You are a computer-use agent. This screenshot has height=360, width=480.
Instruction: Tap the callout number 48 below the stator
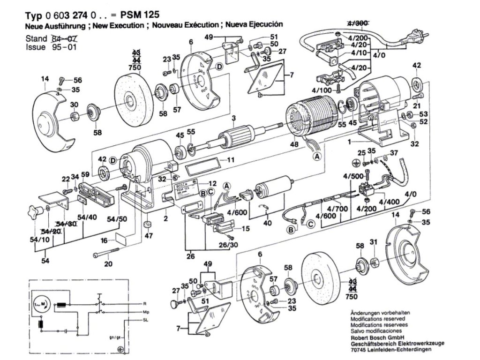pos(294,145)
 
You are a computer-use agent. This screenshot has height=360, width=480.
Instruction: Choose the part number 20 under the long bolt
pos(108,264)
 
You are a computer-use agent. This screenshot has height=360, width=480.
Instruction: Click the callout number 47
pos(149,236)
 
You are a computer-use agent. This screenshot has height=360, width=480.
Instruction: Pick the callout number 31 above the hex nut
pos(373,242)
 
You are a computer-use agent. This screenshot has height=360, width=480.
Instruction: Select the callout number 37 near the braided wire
pos(393,153)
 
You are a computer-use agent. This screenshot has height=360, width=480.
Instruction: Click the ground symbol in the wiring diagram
pos(122,349)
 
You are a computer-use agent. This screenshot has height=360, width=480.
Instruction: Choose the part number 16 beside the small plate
pos(104,241)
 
